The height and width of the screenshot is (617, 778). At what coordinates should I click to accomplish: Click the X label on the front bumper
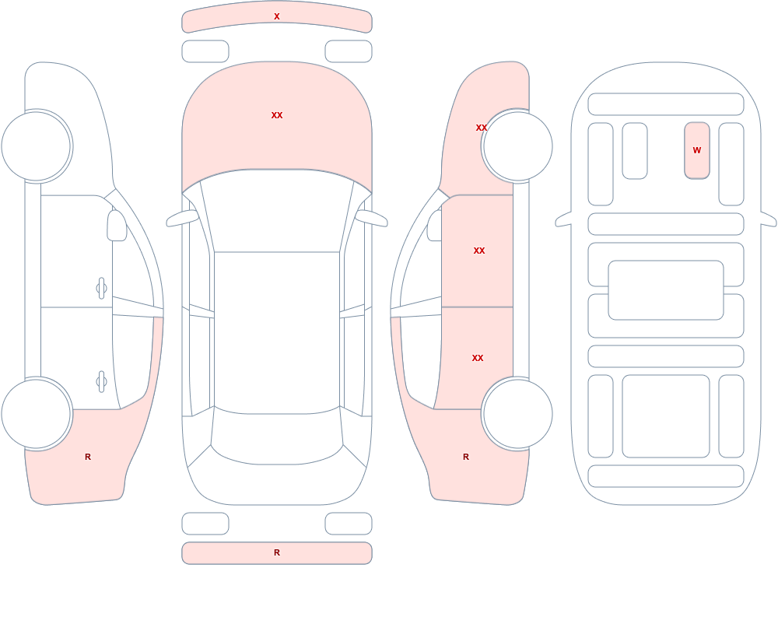277,16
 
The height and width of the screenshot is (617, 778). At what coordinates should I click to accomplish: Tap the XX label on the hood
277,115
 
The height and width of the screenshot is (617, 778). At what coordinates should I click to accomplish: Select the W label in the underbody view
697,150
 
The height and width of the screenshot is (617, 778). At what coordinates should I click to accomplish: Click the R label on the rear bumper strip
277,552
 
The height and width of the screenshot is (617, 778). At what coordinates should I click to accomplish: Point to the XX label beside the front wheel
482,128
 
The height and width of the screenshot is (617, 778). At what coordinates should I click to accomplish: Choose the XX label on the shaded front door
479,251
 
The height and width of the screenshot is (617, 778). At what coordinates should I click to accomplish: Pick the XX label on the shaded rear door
478,358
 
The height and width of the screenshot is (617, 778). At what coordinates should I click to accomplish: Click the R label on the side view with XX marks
466,457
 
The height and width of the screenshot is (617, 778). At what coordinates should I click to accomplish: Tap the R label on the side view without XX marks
88,457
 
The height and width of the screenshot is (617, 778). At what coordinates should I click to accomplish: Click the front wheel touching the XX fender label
517,146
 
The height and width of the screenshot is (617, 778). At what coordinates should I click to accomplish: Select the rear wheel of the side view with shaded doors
517,414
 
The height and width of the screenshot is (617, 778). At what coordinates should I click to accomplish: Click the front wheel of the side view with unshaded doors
37,146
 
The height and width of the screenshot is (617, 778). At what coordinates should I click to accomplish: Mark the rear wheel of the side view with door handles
37,414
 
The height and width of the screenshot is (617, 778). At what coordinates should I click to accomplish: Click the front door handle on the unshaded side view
102,289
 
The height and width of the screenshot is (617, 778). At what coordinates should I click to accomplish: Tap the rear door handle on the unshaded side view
102,382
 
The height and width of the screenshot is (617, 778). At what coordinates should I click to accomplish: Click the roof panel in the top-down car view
277,332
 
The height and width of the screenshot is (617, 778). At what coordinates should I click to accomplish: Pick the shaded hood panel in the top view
277,124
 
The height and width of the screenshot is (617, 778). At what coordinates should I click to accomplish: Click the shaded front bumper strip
277,17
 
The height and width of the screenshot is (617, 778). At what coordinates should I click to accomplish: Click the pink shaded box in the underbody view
697,150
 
